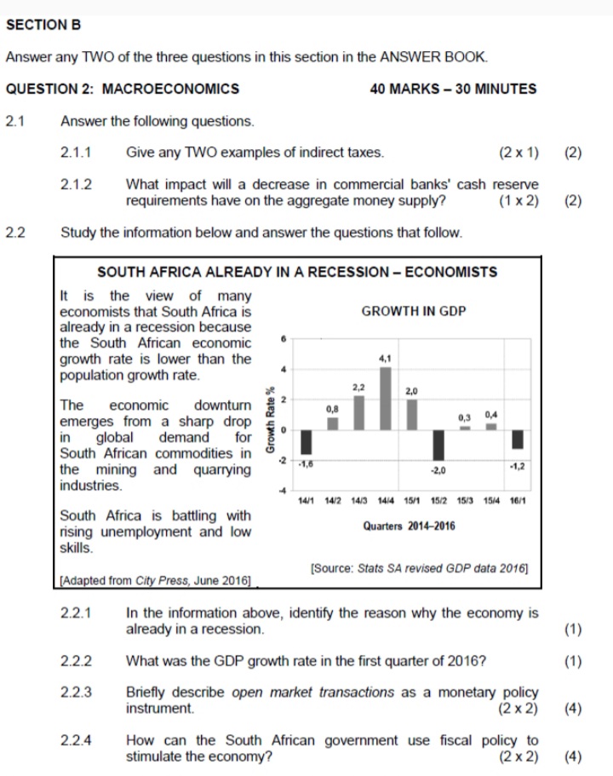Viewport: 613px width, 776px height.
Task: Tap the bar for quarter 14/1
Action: pos(306,442)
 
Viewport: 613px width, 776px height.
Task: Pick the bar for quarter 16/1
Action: pos(518,439)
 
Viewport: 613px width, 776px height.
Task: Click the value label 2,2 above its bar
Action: pos(359,388)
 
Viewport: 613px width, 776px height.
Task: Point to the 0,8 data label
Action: pos(333,409)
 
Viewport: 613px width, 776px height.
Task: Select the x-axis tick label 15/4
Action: pos(492,502)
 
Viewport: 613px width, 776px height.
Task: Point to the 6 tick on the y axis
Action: pos(284,339)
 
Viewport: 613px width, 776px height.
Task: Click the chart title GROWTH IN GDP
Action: pos(414,312)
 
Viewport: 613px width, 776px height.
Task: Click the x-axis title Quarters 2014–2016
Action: pos(410,526)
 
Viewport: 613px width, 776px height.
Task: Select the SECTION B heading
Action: pos(43,26)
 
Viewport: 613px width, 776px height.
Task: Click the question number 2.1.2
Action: pos(77,184)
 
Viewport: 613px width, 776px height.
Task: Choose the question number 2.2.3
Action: pos(77,692)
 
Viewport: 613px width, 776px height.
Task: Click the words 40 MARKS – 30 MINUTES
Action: pos(454,89)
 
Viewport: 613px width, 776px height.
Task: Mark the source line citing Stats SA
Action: pos(420,566)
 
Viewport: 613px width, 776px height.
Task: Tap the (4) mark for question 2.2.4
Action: pos(573,756)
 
